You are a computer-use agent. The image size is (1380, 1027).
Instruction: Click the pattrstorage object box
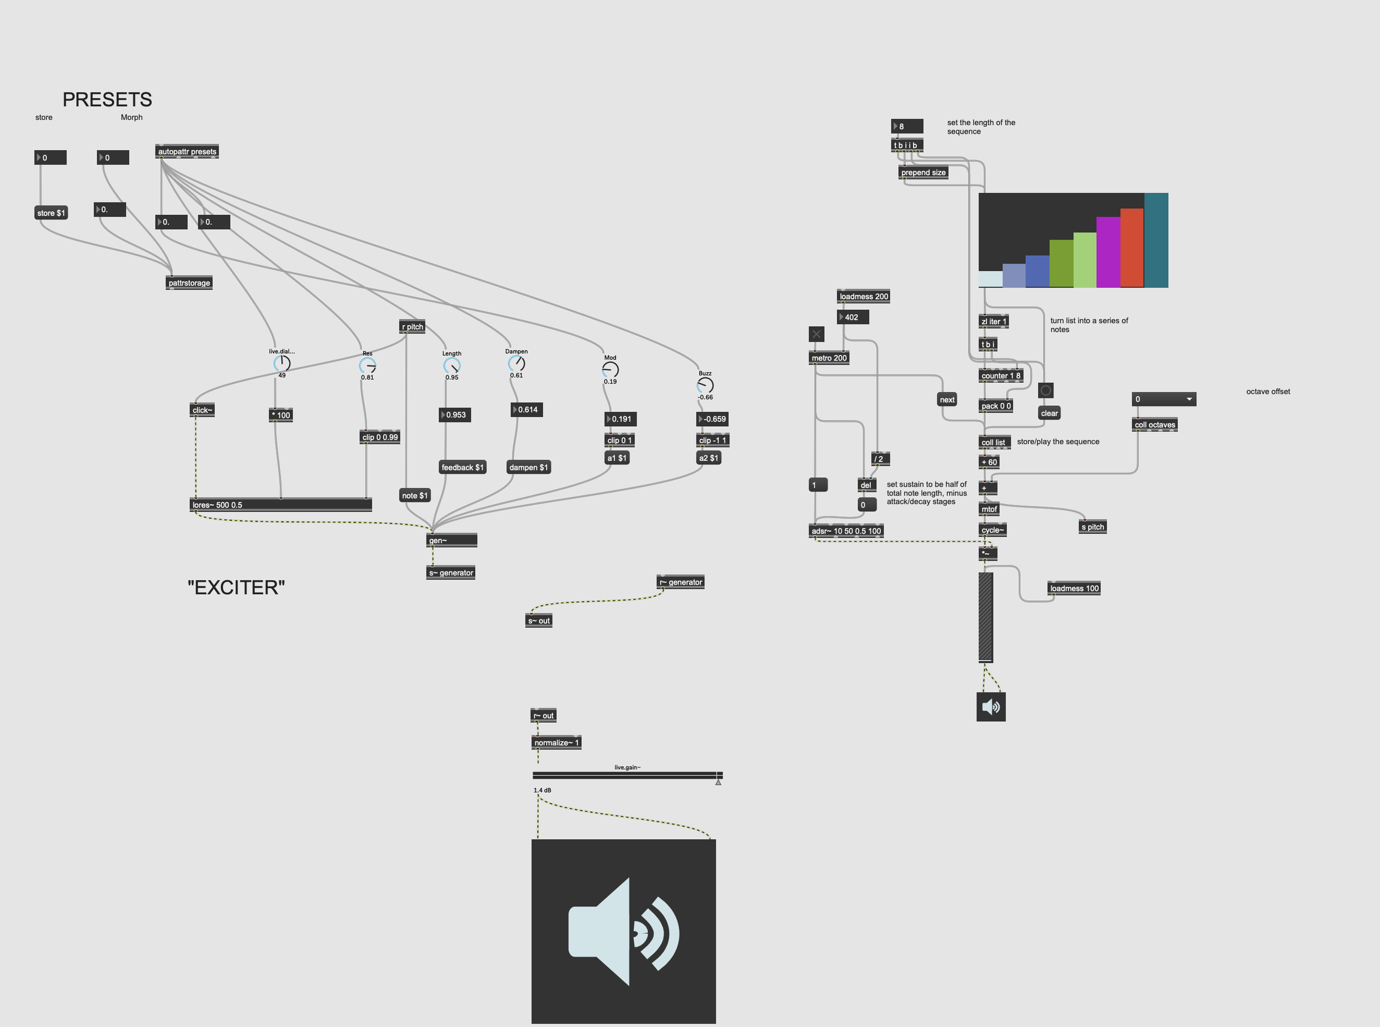point(189,283)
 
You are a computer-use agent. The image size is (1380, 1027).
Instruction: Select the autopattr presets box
point(187,151)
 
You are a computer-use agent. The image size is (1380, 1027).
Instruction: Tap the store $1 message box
point(51,213)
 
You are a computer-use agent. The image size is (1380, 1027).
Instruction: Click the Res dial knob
point(367,366)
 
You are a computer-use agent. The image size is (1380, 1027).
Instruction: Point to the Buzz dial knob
point(705,385)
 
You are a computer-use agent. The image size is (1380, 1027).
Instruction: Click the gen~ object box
point(452,540)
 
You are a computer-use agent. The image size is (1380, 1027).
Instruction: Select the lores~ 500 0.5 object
point(280,505)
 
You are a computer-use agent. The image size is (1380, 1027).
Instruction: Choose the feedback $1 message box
point(462,468)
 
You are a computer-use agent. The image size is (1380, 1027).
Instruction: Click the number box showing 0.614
point(527,410)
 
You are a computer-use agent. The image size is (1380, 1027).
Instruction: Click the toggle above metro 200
point(816,334)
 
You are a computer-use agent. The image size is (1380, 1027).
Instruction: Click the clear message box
point(1049,414)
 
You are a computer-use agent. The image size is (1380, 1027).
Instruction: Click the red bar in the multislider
point(1132,248)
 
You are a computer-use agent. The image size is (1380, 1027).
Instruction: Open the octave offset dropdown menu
point(1163,399)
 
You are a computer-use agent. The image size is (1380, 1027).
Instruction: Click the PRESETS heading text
point(107,99)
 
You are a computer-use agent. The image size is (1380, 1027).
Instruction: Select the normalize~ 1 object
point(556,742)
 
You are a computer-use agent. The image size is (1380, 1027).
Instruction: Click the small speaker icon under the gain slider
point(991,707)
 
